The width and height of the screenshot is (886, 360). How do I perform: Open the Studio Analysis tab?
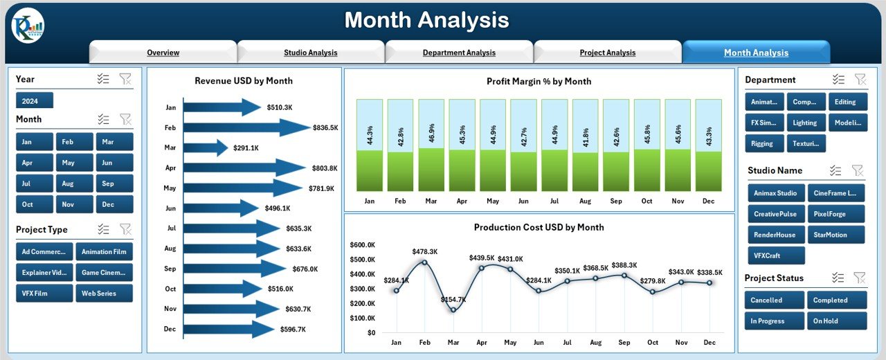point(310,53)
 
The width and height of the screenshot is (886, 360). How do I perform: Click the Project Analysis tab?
point(607,53)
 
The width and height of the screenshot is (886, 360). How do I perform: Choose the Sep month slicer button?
point(115,183)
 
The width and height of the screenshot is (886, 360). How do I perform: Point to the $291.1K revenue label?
point(246,148)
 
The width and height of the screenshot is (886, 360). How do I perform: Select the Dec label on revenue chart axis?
point(170,329)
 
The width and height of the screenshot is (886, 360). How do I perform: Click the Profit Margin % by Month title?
point(539,82)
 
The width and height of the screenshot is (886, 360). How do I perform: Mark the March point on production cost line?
point(453,309)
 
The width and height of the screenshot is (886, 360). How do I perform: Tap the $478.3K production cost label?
point(425,251)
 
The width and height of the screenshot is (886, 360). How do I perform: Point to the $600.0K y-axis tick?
point(362,245)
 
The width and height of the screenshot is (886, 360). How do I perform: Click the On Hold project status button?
point(836,321)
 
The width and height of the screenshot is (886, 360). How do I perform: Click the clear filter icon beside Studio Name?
point(858,170)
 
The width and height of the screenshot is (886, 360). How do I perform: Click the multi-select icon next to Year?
point(104,79)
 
